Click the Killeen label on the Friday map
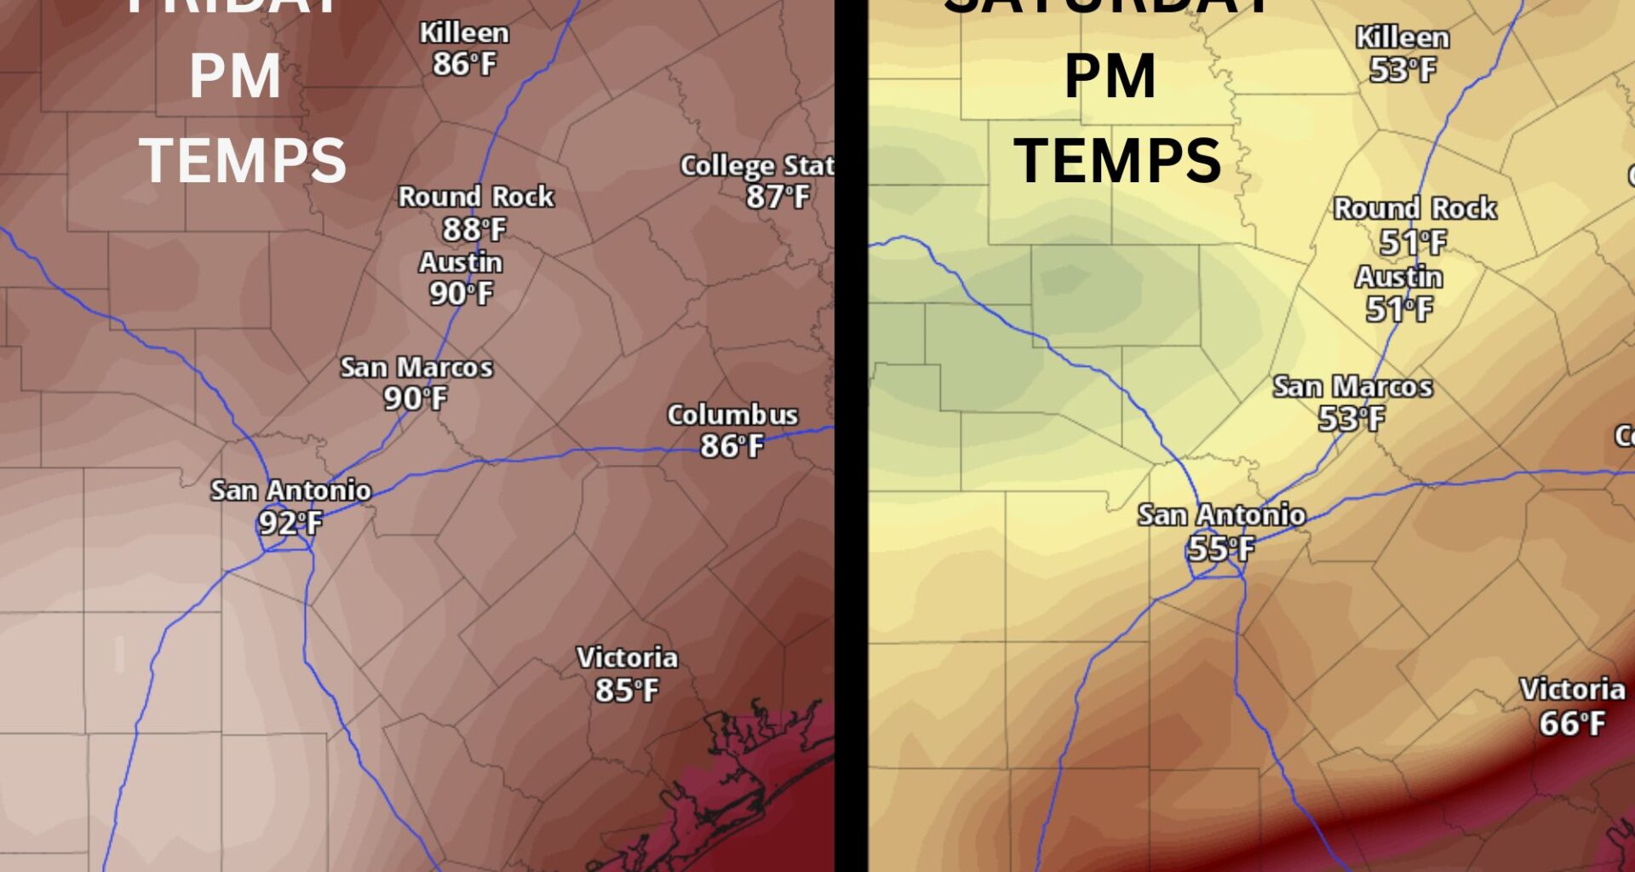pyautogui.click(x=464, y=33)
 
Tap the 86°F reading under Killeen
pyautogui.click(x=464, y=64)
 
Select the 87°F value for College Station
pyautogui.click(x=777, y=197)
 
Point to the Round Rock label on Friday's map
pyautogui.click(x=476, y=197)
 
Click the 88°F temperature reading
pyautogui.click(x=474, y=229)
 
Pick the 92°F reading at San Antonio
pyautogui.click(x=290, y=523)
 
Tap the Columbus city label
pyautogui.click(x=732, y=415)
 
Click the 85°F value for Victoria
pyautogui.click(x=627, y=690)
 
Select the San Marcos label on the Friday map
pyautogui.click(x=416, y=367)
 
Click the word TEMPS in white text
pyautogui.click(x=243, y=160)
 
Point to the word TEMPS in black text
pyautogui.click(x=1117, y=160)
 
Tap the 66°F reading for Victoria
pyautogui.click(x=1572, y=724)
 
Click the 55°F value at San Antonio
pyautogui.click(x=1221, y=548)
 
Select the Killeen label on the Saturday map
pyautogui.click(x=1403, y=37)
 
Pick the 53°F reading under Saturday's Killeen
pyautogui.click(x=1403, y=70)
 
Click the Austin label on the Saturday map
pyautogui.click(x=1399, y=277)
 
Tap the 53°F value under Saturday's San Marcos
pyautogui.click(x=1351, y=419)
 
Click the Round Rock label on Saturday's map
pyautogui.click(x=1414, y=208)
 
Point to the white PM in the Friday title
pyautogui.click(x=235, y=77)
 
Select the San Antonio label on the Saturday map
pyautogui.click(x=1221, y=515)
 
